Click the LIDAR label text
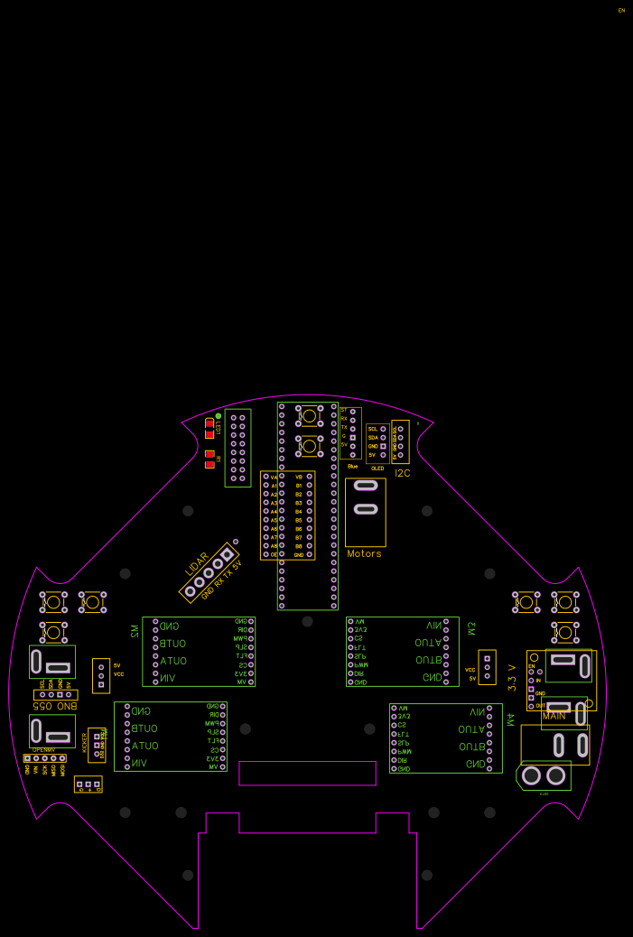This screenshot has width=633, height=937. coord(197,563)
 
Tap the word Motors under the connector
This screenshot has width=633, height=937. coord(364,553)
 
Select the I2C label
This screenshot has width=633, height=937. coord(402,473)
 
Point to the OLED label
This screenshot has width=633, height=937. coord(377,468)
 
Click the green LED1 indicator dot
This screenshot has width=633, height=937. coord(219,415)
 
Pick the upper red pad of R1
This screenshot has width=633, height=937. coord(209,454)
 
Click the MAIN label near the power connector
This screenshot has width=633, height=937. coord(554,716)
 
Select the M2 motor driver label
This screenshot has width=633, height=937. coord(135,629)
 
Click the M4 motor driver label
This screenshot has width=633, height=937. coord(510,719)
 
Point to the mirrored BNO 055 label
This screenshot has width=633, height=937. coord(55,706)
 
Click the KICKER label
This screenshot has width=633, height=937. coord(86,742)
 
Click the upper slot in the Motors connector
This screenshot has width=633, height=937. coord(365,486)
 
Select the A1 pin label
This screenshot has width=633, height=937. coord(274,486)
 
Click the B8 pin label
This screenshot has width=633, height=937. coord(298,546)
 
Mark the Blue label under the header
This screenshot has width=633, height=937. coord(352,466)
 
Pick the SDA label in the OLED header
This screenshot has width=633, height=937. coord(372,438)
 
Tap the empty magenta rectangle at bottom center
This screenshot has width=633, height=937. coord(307,774)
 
